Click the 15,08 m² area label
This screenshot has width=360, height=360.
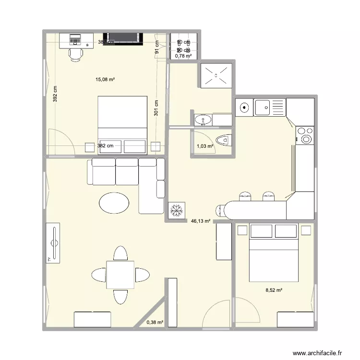tap(105, 80)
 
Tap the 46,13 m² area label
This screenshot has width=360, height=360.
tap(201, 221)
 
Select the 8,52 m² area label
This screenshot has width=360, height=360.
tap(274, 290)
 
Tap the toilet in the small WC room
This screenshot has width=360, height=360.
tap(223, 140)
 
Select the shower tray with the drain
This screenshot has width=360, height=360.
tap(216, 75)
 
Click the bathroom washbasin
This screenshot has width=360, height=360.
tap(204, 120)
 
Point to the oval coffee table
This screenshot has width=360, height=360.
tap(114, 202)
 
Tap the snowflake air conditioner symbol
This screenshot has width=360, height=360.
tap(176, 211)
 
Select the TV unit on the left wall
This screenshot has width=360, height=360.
tap(54, 243)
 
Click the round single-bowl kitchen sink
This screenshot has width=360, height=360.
tap(244, 108)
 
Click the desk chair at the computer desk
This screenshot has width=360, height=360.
tap(75, 54)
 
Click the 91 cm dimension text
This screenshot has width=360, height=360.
tap(156, 48)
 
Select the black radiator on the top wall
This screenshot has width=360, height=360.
tap(124, 37)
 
